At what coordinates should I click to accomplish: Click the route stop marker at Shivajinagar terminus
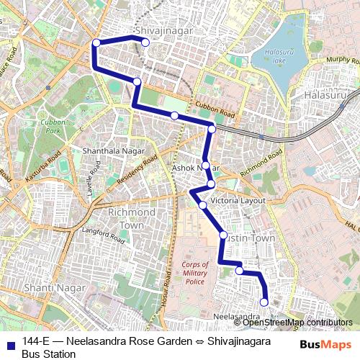pos(145,43)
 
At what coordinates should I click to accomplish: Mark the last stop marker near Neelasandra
pos(264,302)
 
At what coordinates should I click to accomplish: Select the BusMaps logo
pos(325,345)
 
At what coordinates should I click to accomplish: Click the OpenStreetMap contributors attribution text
pos(297,323)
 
